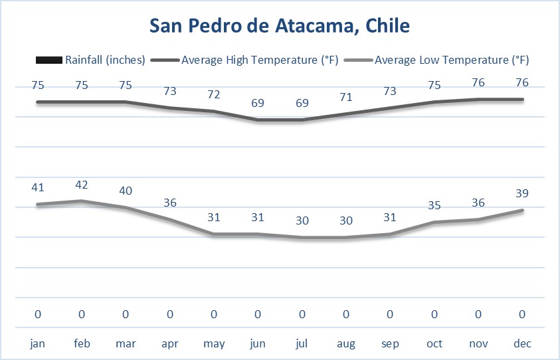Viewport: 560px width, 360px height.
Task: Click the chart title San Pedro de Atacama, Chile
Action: [x=280, y=27]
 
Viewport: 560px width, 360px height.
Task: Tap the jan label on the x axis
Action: [x=38, y=343]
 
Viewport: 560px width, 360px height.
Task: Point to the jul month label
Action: [x=302, y=343]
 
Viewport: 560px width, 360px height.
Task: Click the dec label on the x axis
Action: [x=523, y=343]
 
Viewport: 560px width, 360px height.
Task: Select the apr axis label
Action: [x=170, y=343]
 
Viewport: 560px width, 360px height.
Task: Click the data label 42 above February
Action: [x=82, y=185]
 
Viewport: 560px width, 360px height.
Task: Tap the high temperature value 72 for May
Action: [x=214, y=94]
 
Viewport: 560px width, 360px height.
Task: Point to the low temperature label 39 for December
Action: [x=523, y=194]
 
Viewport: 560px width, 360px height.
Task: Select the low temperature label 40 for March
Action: [x=126, y=191]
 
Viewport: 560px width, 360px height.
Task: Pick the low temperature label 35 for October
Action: [x=434, y=206]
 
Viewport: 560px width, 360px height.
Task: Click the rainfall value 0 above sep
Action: [x=391, y=314]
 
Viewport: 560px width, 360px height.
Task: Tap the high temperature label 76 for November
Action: [x=478, y=83]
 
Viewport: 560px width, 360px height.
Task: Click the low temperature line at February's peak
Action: [x=82, y=201]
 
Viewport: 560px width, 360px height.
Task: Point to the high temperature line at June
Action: [x=258, y=120]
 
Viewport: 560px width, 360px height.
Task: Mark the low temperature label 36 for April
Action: [x=170, y=203]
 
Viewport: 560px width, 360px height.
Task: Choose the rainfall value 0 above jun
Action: [x=258, y=314]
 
